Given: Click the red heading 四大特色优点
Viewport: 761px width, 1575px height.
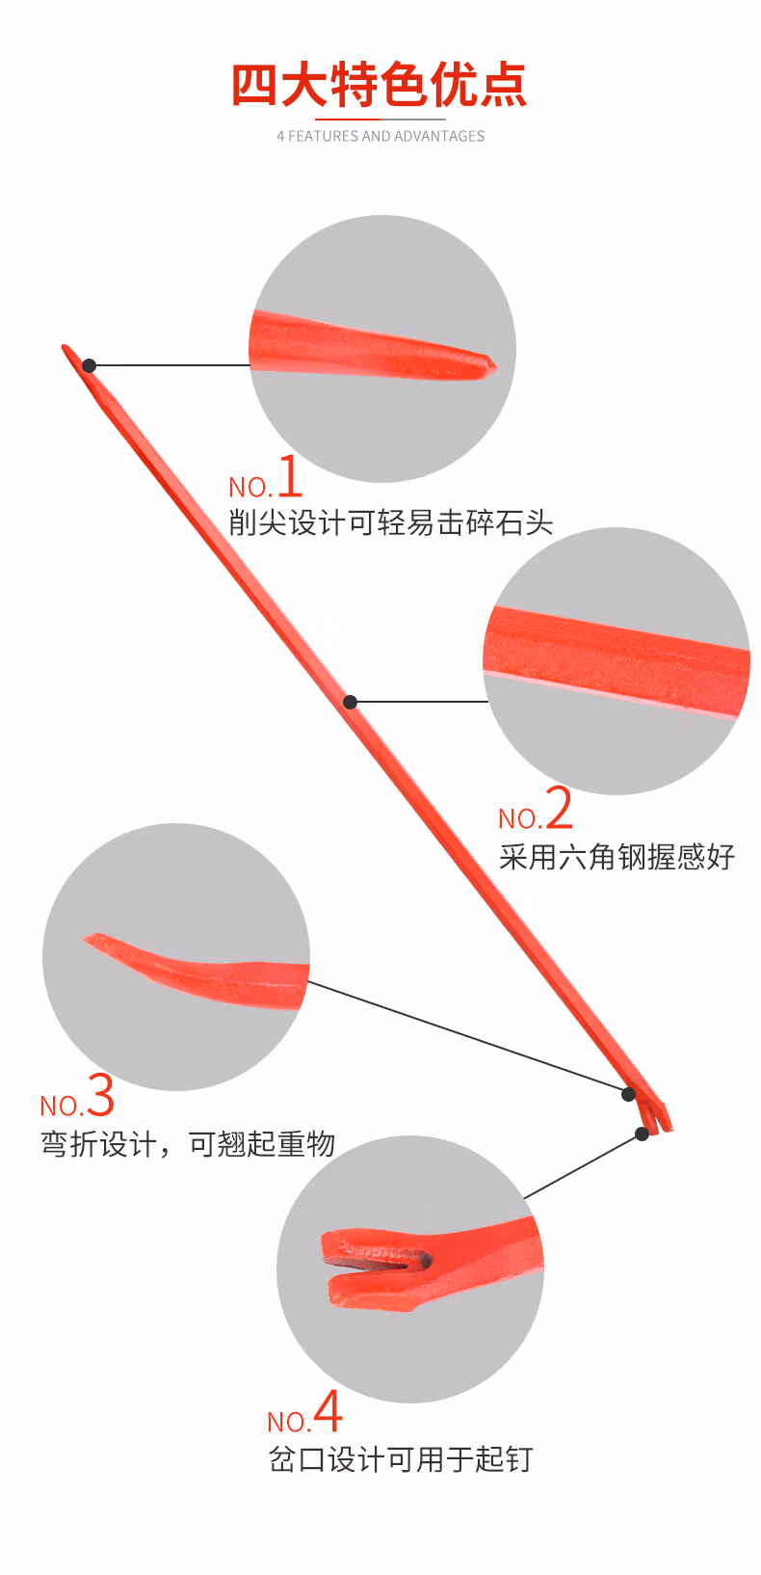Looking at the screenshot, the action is click(380, 85).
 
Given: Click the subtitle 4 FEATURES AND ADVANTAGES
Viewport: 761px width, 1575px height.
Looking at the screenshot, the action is click(380, 136).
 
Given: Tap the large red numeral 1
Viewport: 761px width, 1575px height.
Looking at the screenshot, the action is click(290, 476).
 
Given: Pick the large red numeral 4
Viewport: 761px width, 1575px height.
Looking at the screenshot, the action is click(328, 1411).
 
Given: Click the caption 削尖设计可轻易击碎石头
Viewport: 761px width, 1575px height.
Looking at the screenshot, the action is click(390, 522).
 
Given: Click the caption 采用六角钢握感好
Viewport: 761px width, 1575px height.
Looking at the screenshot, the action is click(617, 856).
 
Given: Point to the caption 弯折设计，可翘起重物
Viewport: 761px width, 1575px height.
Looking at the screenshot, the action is click(188, 1144).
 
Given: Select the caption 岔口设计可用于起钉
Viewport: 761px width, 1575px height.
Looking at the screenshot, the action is click(400, 1459).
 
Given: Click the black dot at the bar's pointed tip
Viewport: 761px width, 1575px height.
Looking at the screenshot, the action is click(89, 365).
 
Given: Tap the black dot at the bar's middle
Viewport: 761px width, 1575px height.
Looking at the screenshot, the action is click(351, 702).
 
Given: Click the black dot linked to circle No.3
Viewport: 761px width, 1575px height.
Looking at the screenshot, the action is click(628, 1094).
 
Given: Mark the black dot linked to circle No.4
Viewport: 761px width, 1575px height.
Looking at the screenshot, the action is click(643, 1134).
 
